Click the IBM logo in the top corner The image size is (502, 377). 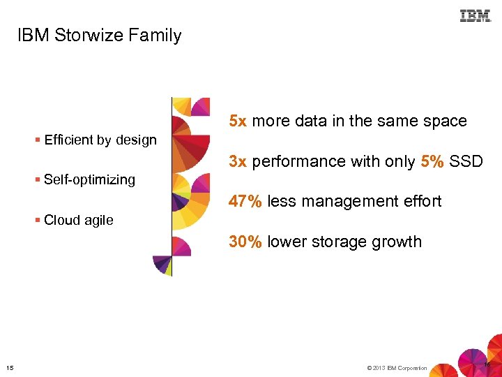pyautogui.click(x=476, y=16)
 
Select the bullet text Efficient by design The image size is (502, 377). pyautogui.click(x=100, y=140)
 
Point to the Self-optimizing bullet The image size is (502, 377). pyautogui.click(x=89, y=179)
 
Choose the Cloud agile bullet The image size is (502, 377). pyautogui.click(x=78, y=220)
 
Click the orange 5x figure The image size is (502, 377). pyautogui.click(x=238, y=121)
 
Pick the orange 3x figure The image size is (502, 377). pyautogui.click(x=238, y=161)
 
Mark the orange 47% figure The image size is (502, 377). pyautogui.click(x=245, y=202)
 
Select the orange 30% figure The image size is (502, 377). pyautogui.click(x=245, y=242)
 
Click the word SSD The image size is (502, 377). pyautogui.click(x=466, y=161)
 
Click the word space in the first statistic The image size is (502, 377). pyautogui.click(x=445, y=121)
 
